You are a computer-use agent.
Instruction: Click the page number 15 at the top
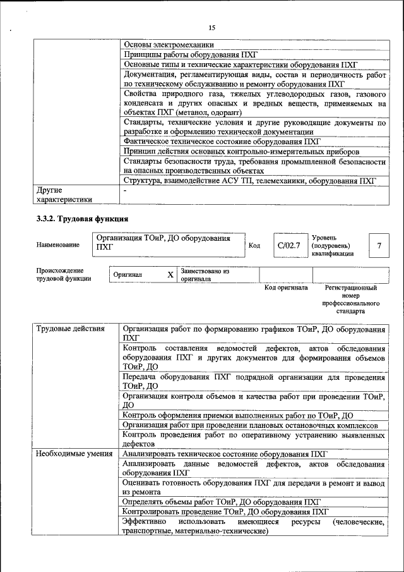(211, 27)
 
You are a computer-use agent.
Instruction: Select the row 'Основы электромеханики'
(169, 45)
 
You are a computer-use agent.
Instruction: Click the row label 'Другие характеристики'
(64, 194)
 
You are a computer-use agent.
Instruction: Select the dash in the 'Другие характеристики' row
(126, 189)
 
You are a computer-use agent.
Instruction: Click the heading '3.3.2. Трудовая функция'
(82, 219)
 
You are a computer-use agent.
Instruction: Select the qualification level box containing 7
(378, 245)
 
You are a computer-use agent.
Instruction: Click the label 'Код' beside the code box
(254, 245)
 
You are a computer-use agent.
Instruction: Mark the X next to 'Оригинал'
(170, 275)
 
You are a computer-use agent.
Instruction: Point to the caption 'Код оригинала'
(285, 288)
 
